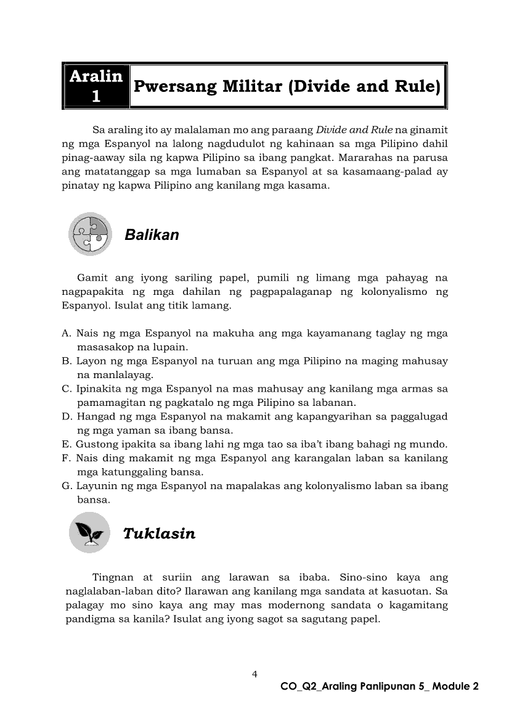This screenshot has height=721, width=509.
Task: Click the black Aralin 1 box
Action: click(x=96, y=86)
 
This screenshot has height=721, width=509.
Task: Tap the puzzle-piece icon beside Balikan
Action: click(x=90, y=234)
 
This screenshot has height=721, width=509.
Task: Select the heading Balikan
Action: click(x=152, y=235)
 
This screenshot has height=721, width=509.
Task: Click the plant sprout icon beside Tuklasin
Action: click(x=89, y=532)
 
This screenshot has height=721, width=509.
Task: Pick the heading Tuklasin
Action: click(x=159, y=534)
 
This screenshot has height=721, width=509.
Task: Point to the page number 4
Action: click(x=254, y=674)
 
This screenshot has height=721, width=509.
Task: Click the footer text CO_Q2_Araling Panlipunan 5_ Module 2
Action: click(x=379, y=686)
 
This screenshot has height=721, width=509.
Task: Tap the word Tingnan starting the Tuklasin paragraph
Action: click(x=113, y=578)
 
